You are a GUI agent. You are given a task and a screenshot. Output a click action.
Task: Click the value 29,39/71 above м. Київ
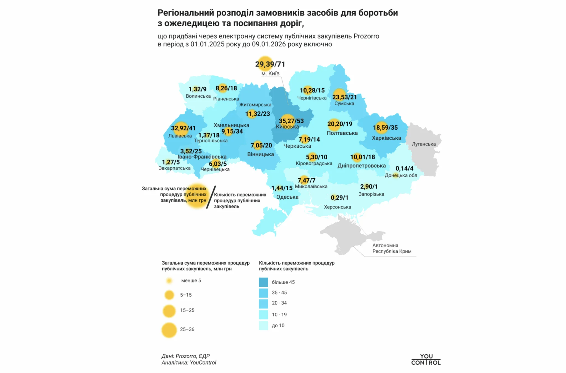click(x=270, y=64)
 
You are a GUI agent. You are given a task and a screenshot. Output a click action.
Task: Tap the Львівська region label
click(x=180, y=136)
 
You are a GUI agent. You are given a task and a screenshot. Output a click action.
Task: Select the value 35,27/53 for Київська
click(x=291, y=121)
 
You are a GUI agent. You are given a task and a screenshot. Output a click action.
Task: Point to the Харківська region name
click(x=386, y=138)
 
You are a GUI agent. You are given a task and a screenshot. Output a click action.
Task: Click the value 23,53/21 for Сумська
click(x=344, y=97)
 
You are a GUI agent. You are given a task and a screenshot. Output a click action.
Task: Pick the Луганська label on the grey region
click(x=423, y=144)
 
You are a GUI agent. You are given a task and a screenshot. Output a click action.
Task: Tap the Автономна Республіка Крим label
click(x=392, y=248)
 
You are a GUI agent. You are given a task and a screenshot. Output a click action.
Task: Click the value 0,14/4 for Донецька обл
click(x=404, y=168)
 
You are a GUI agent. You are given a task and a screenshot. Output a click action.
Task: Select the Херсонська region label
click(x=337, y=207)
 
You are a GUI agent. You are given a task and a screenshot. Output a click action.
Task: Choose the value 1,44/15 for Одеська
click(x=282, y=188)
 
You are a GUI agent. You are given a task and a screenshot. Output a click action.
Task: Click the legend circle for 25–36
click(x=169, y=330)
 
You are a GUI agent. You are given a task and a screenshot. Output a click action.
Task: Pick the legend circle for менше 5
click(x=169, y=281)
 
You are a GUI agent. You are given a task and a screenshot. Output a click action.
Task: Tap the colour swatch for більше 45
click(x=263, y=282)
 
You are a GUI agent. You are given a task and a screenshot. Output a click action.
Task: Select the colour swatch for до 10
click(x=263, y=325)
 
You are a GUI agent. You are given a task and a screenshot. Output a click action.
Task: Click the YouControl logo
click(x=426, y=359)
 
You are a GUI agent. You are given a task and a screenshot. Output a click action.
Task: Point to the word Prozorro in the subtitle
click(x=366, y=36)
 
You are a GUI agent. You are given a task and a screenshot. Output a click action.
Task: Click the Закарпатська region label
click(x=174, y=168)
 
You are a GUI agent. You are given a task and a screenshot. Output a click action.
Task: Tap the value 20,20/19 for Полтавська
click(x=340, y=124)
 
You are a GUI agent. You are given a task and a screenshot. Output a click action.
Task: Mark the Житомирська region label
click(x=255, y=105)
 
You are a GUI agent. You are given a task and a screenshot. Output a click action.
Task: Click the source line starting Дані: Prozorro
click(x=185, y=356)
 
